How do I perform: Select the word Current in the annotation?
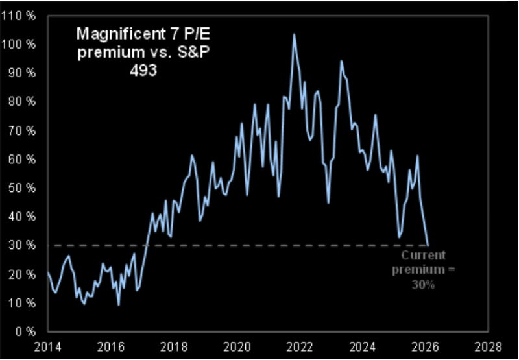(423, 256)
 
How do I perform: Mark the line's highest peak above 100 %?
(294, 34)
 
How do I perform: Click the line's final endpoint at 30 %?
(428, 245)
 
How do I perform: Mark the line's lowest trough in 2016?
(118, 304)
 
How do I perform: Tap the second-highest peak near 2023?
(341, 61)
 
